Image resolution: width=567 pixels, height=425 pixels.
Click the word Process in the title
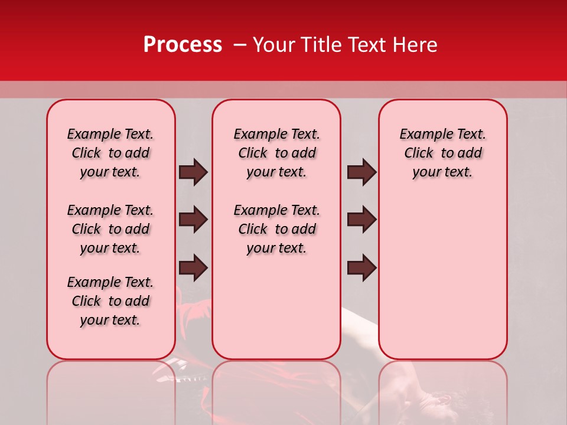(183, 45)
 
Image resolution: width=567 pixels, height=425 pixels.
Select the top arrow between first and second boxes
(193, 172)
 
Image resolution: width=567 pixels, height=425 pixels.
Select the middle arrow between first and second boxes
(193, 220)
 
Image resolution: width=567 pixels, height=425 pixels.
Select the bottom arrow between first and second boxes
(193, 268)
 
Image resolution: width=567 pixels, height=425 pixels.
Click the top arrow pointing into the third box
(361, 172)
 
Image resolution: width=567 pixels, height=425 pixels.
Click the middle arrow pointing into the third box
(361, 220)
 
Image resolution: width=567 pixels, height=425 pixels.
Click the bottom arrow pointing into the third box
(361, 268)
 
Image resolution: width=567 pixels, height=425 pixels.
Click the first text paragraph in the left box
(110, 153)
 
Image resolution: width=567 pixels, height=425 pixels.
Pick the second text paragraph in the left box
(110, 229)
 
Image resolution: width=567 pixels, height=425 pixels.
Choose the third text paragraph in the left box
(110, 301)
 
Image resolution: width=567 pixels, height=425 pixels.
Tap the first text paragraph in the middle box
(277, 153)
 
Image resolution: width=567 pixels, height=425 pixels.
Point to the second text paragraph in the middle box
(277, 229)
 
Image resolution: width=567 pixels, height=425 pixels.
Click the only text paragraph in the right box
(443, 153)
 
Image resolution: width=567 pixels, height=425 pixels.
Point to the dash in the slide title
(240, 45)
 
